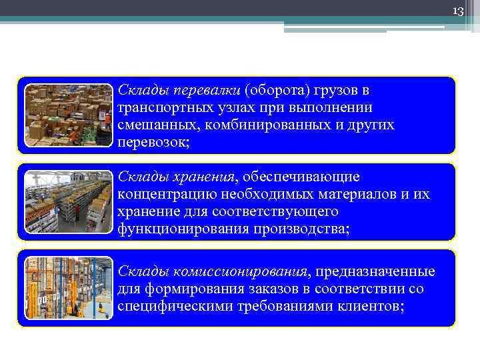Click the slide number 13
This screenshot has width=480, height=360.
(457, 11)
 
